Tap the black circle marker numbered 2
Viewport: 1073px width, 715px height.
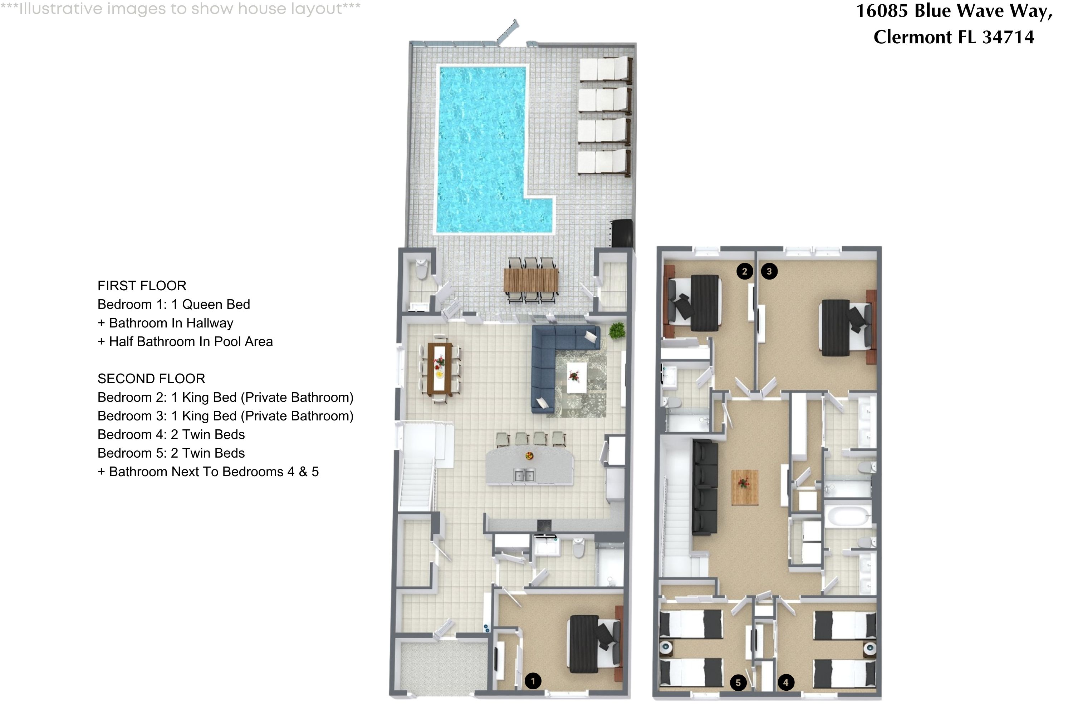click(745, 271)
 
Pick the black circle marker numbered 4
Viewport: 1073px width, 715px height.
click(785, 682)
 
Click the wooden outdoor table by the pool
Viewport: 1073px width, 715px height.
click(531, 280)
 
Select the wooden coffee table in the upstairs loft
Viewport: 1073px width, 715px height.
click(745, 488)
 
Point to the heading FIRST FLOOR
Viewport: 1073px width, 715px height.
click(142, 286)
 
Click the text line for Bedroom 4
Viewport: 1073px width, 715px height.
click(171, 435)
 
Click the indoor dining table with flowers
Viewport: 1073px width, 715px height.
click(439, 369)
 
